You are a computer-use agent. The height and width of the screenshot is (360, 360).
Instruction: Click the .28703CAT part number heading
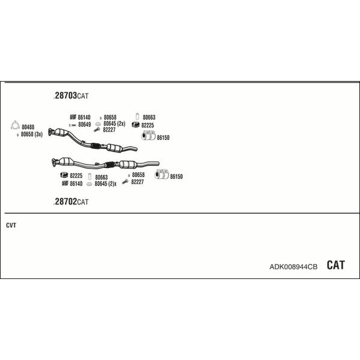tap(71, 95)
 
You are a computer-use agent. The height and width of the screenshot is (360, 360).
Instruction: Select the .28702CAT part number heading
tap(71, 202)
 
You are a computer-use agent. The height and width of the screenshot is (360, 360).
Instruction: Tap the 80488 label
tap(28, 127)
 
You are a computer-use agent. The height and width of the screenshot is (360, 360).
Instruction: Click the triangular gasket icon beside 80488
tap(15, 125)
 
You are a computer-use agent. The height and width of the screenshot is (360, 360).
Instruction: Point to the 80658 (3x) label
tap(32, 134)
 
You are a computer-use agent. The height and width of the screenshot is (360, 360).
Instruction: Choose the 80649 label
tap(85, 124)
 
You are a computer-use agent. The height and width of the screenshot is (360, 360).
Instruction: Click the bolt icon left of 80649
tap(73, 125)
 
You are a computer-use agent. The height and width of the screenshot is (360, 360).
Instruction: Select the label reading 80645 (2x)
tap(115, 124)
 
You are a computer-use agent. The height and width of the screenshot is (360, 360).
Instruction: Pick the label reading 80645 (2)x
tap(106, 184)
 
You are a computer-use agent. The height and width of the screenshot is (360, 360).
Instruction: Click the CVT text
tap(11, 225)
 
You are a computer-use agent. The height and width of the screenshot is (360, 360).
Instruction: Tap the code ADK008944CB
tap(293, 267)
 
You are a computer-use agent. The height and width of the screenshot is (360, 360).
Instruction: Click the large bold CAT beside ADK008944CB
tap(335, 265)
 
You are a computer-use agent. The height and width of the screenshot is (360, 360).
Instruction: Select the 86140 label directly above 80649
tap(84, 118)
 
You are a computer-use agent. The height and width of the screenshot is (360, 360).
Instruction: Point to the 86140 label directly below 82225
tap(76, 184)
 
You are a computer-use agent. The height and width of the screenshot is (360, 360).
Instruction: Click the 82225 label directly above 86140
tap(76, 176)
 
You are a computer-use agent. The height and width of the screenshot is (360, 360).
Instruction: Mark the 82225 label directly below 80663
tap(148, 125)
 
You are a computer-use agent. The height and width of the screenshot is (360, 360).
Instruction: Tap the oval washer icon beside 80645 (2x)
tap(98, 124)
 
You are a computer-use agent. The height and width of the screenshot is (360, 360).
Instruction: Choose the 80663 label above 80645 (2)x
tap(101, 177)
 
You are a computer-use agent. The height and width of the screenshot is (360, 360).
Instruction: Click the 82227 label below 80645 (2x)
tap(109, 130)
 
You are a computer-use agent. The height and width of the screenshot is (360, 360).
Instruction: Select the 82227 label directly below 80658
tap(137, 182)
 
